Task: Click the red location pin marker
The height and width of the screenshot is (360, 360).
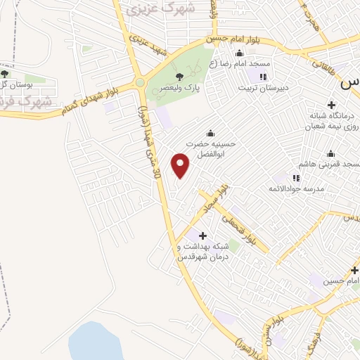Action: [x=181, y=165]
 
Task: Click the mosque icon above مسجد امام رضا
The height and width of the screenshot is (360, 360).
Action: [x=240, y=53]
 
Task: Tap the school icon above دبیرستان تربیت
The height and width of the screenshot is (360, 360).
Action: [x=263, y=77]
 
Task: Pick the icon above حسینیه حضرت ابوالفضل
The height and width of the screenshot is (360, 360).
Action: [x=210, y=134]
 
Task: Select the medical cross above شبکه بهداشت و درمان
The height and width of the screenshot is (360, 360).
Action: [x=203, y=236]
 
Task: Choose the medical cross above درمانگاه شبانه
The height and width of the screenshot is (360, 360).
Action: [x=331, y=105]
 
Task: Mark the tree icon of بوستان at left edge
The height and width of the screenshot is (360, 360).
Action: [x=5, y=73]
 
